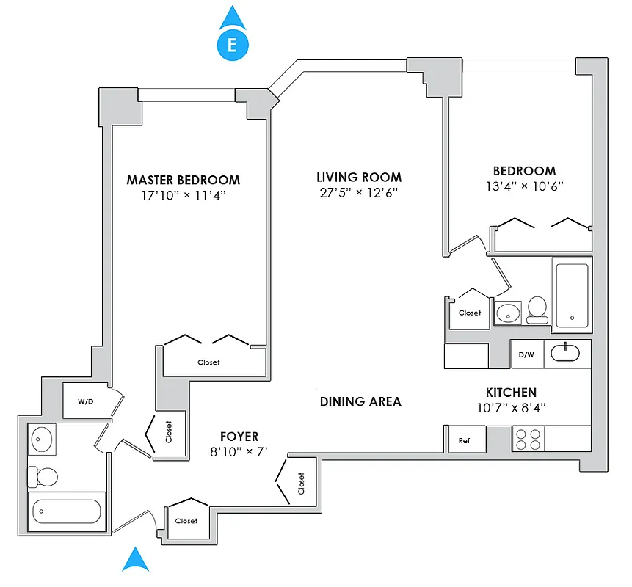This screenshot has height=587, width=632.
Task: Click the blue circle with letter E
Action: pos(232,45)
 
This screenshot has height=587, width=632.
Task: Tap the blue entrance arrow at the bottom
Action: pos(135,560)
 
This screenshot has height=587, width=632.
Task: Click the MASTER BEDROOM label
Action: pos(183,180)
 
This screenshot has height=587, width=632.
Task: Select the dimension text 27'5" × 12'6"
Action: pos(359,193)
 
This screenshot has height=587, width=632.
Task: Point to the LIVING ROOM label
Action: pos(359,177)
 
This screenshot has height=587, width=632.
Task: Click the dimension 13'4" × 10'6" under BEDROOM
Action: pos(524,186)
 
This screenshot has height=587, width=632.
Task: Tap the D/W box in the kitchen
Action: pos(526,354)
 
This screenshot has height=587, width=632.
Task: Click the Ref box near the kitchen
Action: pos(464,440)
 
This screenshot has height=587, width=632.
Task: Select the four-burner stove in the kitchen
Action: pos(529,439)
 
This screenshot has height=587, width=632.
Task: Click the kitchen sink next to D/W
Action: pos(566,353)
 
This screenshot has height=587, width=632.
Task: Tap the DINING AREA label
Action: pos(360,401)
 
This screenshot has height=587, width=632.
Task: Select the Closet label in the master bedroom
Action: pos(208,362)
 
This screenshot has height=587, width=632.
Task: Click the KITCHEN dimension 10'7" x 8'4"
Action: pos(511,408)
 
